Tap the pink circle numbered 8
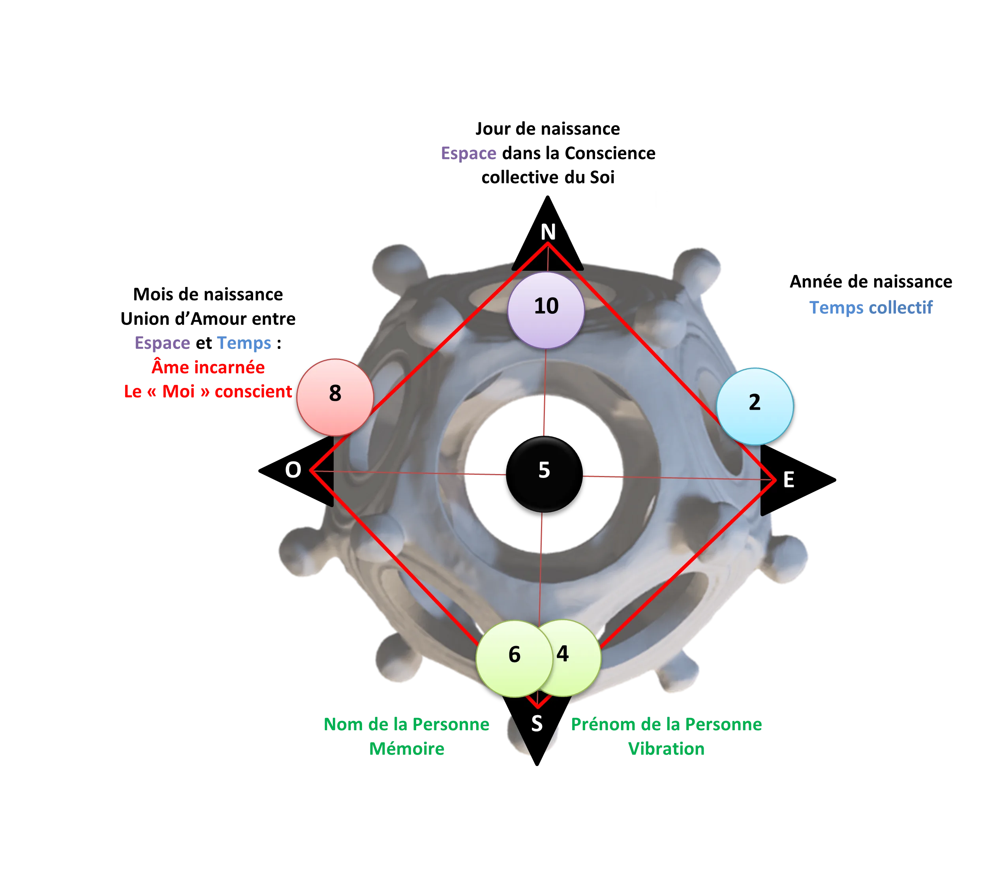[335, 397]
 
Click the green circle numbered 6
[514, 658]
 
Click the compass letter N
[548, 232]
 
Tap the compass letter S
[537, 723]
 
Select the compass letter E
[789, 480]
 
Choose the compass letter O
[293, 470]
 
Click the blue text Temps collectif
[871, 307]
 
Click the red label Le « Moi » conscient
[207, 391]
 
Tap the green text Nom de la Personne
[406, 724]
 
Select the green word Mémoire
[407, 749]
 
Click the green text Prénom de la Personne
[666, 724]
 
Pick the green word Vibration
[666, 749]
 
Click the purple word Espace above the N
[468, 154]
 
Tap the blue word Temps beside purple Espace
[244, 343]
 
